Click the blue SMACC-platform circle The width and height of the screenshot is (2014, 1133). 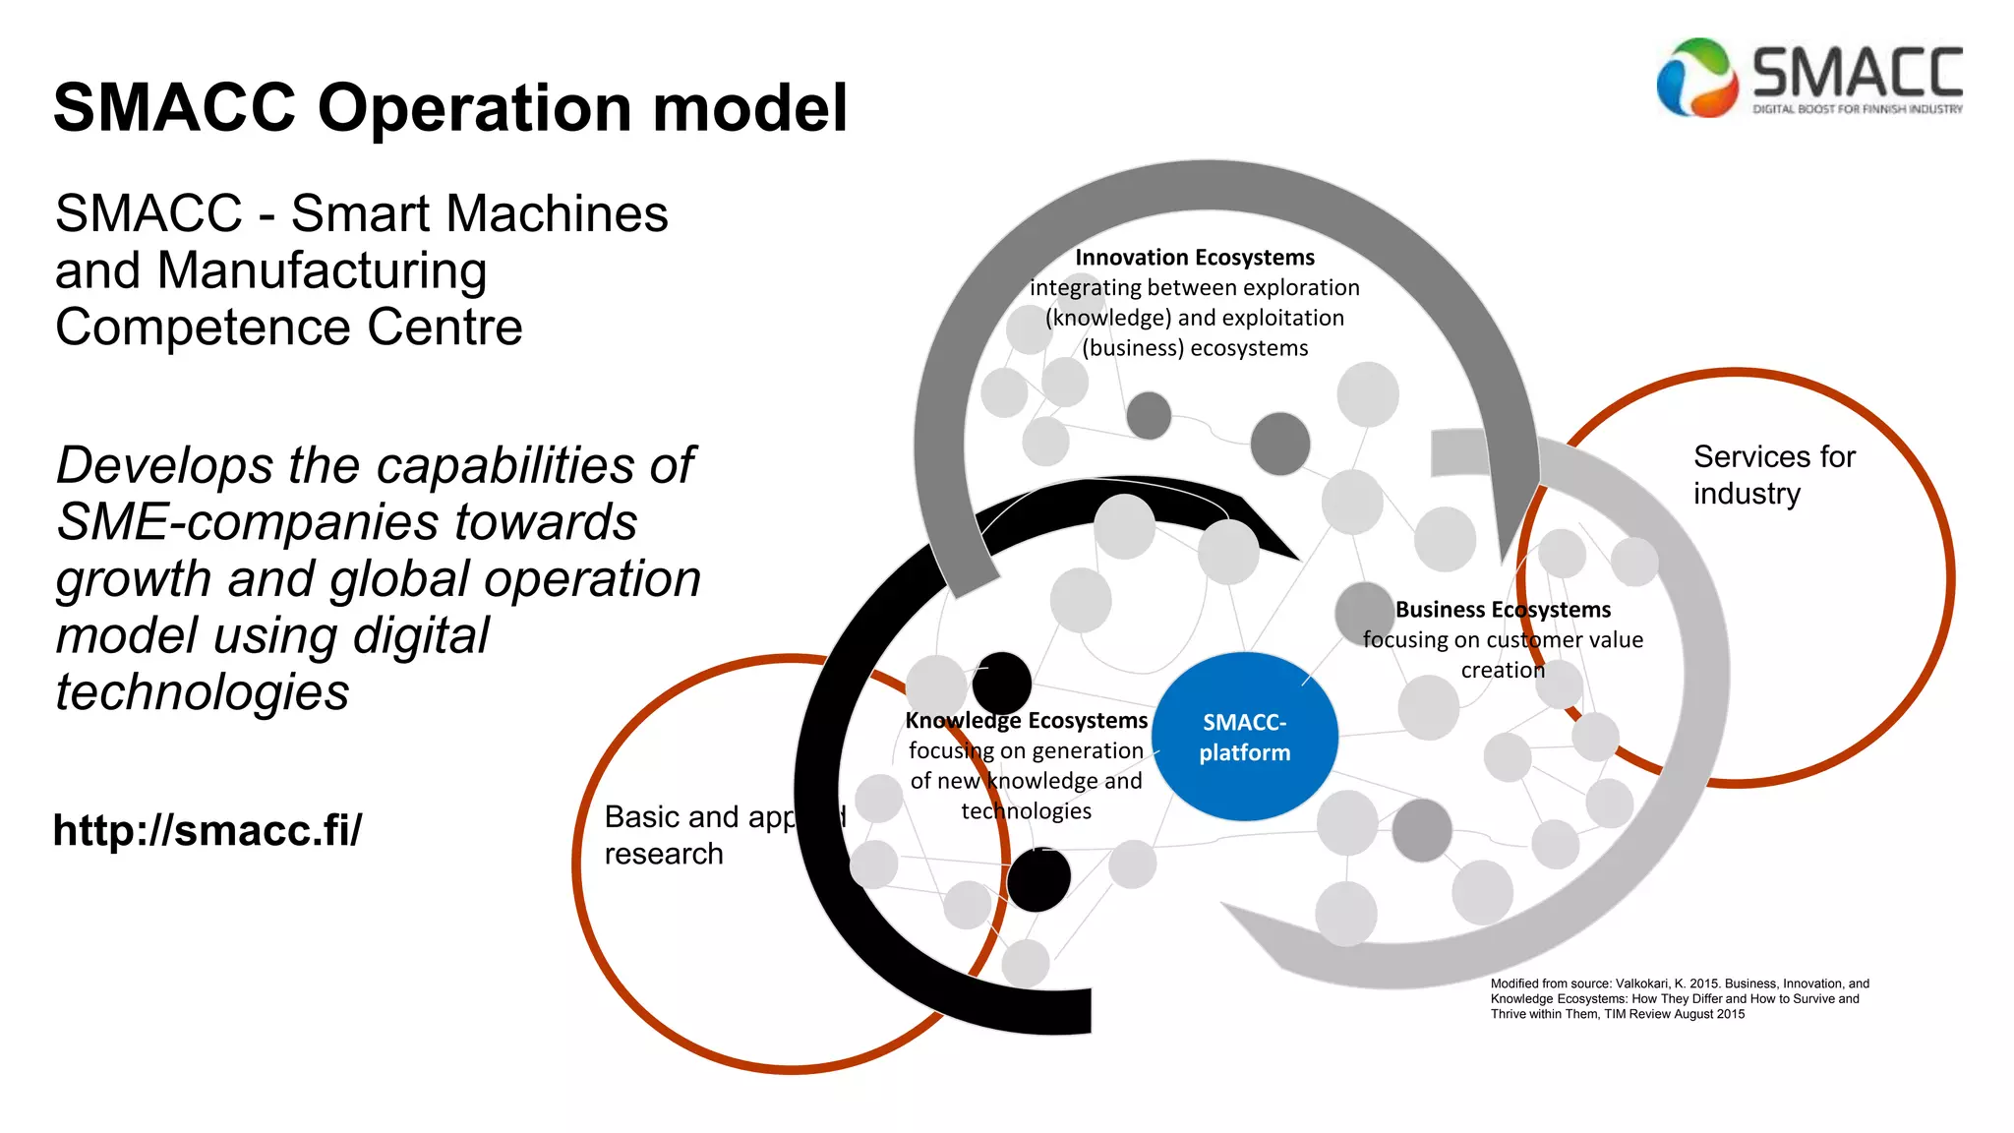pos(1244,737)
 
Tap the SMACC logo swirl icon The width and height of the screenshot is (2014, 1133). pos(1694,78)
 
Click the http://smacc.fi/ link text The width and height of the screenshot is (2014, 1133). pos(207,830)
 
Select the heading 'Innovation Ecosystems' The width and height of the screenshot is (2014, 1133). pos(1194,258)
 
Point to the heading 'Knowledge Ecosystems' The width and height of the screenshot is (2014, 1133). pos(1026,721)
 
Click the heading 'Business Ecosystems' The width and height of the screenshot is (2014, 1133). pos(1503,610)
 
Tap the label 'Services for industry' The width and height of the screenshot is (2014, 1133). pos(1773,475)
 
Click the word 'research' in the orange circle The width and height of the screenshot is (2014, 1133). pos(664,854)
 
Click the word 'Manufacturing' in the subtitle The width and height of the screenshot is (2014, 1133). pos(322,270)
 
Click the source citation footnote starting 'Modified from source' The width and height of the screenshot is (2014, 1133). pos(1679,998)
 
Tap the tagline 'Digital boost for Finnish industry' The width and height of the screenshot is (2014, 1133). pos(1857,109)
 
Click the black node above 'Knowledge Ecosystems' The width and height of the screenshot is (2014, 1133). pos(1002,682)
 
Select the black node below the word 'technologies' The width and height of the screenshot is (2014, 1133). pos(1038,879)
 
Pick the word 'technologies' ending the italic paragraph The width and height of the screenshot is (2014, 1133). pos(203,692)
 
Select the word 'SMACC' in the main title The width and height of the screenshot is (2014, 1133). pos(174,108)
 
